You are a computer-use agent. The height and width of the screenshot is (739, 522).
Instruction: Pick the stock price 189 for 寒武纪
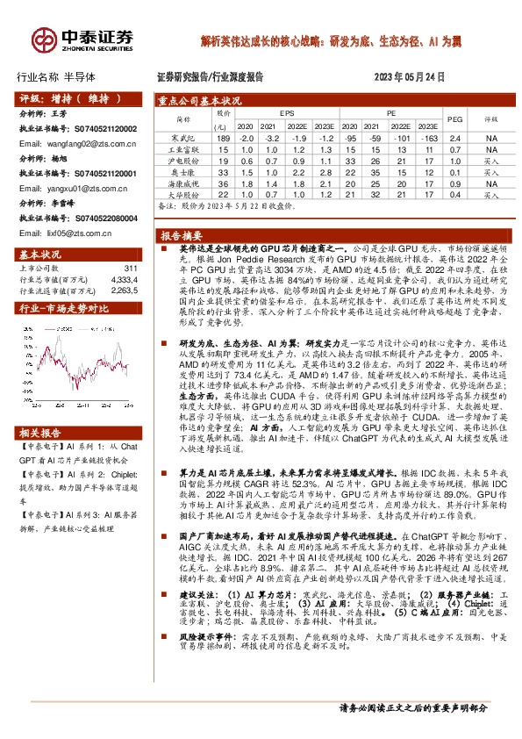point(224,139)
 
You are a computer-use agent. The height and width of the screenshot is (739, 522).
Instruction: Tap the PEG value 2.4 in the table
point(454,139)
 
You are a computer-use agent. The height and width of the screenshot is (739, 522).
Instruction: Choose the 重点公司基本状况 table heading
point(202,100)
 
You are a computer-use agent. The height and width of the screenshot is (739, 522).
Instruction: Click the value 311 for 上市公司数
point(132,268)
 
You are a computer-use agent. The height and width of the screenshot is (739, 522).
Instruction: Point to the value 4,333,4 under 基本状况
point(125,279)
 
